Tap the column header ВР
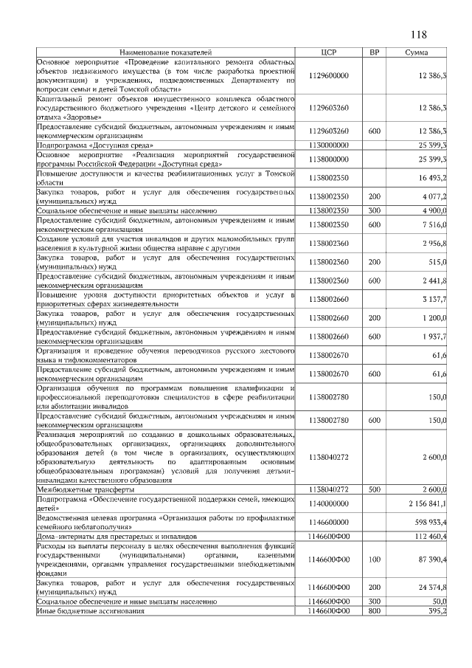[x=374, y=52]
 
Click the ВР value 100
[x=374, y=559]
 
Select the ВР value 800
[x=374, y=611]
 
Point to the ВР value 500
[x=374, y=489]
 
